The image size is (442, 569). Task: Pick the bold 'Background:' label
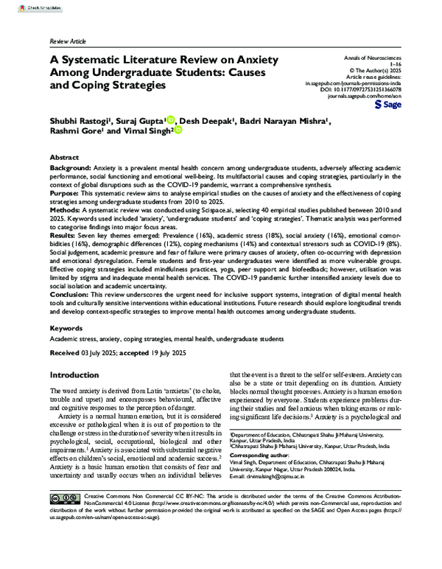click(72, 170)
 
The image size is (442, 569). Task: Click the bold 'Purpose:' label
click(66, 195)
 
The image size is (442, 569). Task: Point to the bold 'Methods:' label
click(67, 212)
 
